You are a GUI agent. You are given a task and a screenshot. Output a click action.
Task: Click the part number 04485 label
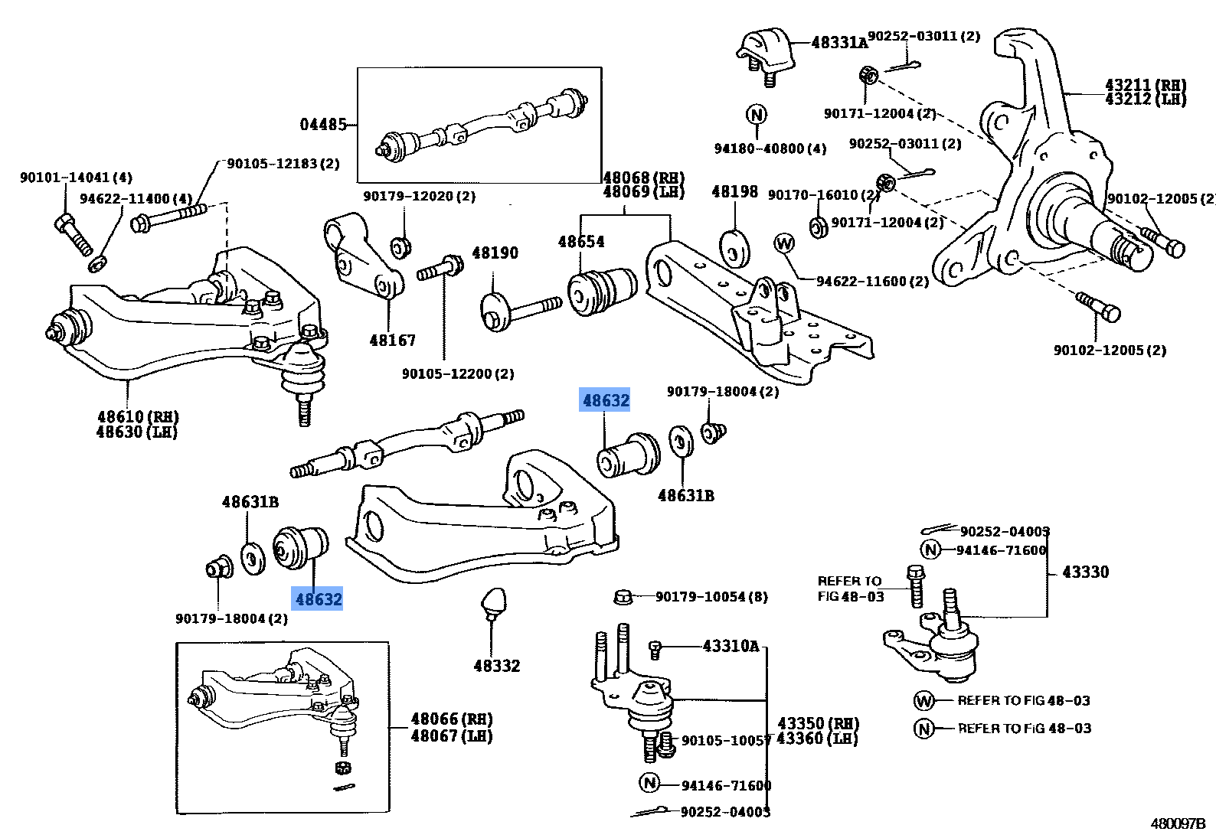click(x=323, y=124)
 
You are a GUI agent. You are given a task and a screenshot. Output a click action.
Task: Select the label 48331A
click(x=839, y=43)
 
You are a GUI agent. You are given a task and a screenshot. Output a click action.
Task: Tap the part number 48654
click(x=580, y=242)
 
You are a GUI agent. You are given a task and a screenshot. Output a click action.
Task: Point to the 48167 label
click(x=393, y=340)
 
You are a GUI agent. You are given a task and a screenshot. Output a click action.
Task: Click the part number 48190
click(x=495, y=253)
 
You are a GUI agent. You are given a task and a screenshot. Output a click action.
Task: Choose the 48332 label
click(x=496, y=666)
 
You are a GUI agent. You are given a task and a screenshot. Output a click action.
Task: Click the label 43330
click(x=1084, y=572)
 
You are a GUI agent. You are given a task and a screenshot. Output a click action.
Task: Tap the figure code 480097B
click(x=1177, y=823)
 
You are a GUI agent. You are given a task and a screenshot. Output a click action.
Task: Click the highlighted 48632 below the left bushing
click(x=319, y=598)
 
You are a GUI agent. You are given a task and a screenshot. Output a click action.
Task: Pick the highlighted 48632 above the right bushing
click(x=605, y=400)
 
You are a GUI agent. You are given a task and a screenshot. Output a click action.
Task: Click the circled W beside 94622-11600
click(x=784, y=243)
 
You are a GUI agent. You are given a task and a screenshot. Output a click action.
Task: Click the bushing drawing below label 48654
click(x=602, y=291)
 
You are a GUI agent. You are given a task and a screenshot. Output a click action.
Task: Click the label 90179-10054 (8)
click(x=711, y=596)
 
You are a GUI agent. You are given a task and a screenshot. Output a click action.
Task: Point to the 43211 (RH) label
click(x=1145, y=84)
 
